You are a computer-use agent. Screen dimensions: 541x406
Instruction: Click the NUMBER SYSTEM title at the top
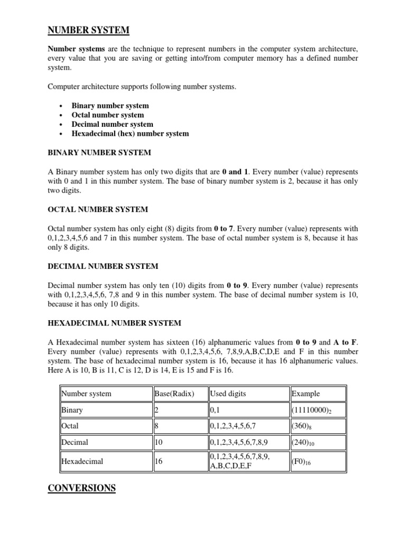coord(88,31)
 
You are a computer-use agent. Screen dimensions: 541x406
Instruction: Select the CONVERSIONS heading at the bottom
coord(81,488)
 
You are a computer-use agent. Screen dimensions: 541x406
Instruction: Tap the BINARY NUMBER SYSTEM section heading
coord(99,153)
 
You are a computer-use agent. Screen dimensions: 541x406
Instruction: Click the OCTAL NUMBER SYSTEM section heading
coord(98,210)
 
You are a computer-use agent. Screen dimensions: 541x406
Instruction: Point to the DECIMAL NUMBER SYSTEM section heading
coord(103,266)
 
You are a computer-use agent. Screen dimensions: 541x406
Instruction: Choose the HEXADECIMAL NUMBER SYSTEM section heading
coord(115,323)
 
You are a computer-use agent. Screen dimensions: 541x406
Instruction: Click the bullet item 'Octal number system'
coord(108,115)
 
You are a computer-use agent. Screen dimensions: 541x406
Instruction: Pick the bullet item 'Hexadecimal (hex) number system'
coord(130,134)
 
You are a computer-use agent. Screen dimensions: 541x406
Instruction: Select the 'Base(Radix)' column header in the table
coord(174,394)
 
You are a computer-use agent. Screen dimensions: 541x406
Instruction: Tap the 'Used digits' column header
coord(228,394)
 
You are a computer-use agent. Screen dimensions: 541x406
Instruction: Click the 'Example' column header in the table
coord(306,394)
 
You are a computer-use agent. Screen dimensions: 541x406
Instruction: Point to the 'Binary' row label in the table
coord(72,410)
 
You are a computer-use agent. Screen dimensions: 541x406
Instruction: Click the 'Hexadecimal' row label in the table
coord(82,461)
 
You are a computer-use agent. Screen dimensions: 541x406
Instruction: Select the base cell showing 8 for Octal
coord(157,426)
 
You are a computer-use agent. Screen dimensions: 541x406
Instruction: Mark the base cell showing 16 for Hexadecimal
coord(159,461)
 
